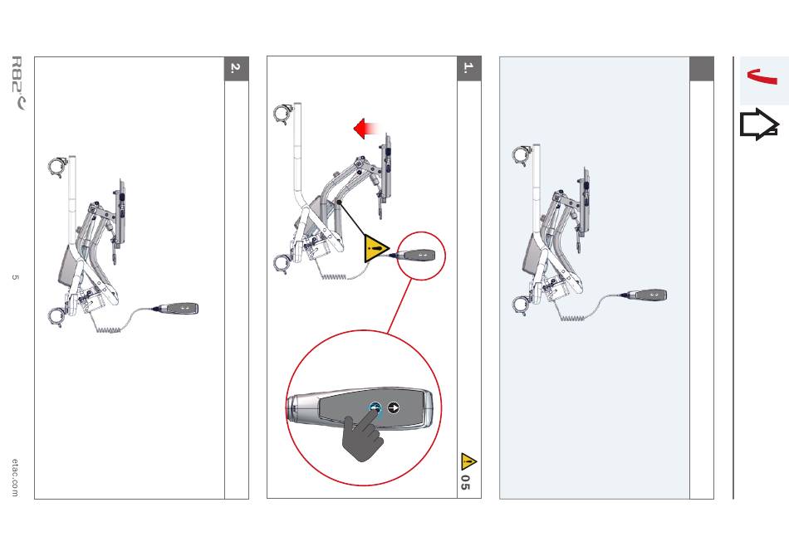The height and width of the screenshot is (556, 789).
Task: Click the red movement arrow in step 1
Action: pos(366,129)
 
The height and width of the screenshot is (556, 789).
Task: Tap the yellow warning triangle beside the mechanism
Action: pos(375,248)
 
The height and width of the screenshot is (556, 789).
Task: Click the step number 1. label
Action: pos(469,68)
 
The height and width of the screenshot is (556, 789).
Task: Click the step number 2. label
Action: pos(237,68)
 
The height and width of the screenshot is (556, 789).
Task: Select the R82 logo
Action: pos(17,82)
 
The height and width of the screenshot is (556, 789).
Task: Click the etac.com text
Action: pos(15,477)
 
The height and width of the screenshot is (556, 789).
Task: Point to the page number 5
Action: pos(15,277)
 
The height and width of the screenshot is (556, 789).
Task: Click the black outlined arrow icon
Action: pos(759,124)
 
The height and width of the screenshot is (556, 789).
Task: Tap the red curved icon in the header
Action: pos(762,76)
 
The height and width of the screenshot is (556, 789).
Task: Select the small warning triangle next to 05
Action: pos(468,461)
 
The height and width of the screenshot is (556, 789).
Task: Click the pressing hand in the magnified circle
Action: pos(362,436)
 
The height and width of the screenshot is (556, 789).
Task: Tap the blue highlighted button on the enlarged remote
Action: pos(375,408)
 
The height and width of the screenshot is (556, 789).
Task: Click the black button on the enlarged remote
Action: pos(394,407)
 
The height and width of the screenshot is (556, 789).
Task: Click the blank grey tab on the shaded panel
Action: pos(702,68)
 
